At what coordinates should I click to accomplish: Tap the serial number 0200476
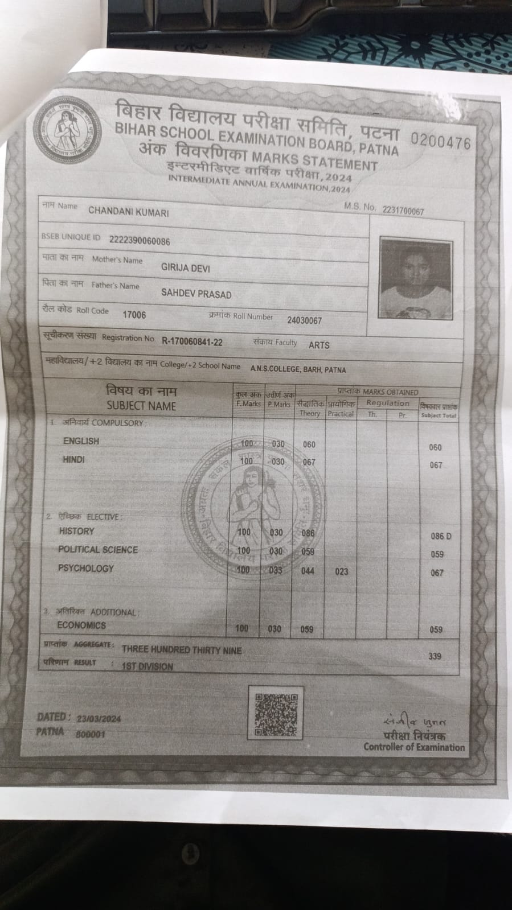point(440,141)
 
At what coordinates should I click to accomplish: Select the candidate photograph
point(415,278)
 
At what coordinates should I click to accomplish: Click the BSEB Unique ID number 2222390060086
point(140,241)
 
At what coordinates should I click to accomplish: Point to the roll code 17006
point(134,315)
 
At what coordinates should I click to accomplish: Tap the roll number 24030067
point(304,320)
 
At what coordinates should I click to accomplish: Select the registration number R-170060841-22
point(192,341)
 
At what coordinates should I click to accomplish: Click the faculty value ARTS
point(319,345)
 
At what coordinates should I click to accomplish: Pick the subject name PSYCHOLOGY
point(86,568)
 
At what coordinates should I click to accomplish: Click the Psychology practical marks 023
point(341,571)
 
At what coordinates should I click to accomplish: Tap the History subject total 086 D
point(441,536)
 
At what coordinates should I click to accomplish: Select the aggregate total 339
point(435,656)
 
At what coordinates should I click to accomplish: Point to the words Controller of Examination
point(414,747)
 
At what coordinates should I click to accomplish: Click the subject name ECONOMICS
point(81,625)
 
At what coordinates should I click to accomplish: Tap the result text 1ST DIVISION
point(148,666)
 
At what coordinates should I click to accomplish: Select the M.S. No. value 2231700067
point(403,211)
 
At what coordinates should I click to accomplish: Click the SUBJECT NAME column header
point(141,406)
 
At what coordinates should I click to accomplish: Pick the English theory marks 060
point(309,444)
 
